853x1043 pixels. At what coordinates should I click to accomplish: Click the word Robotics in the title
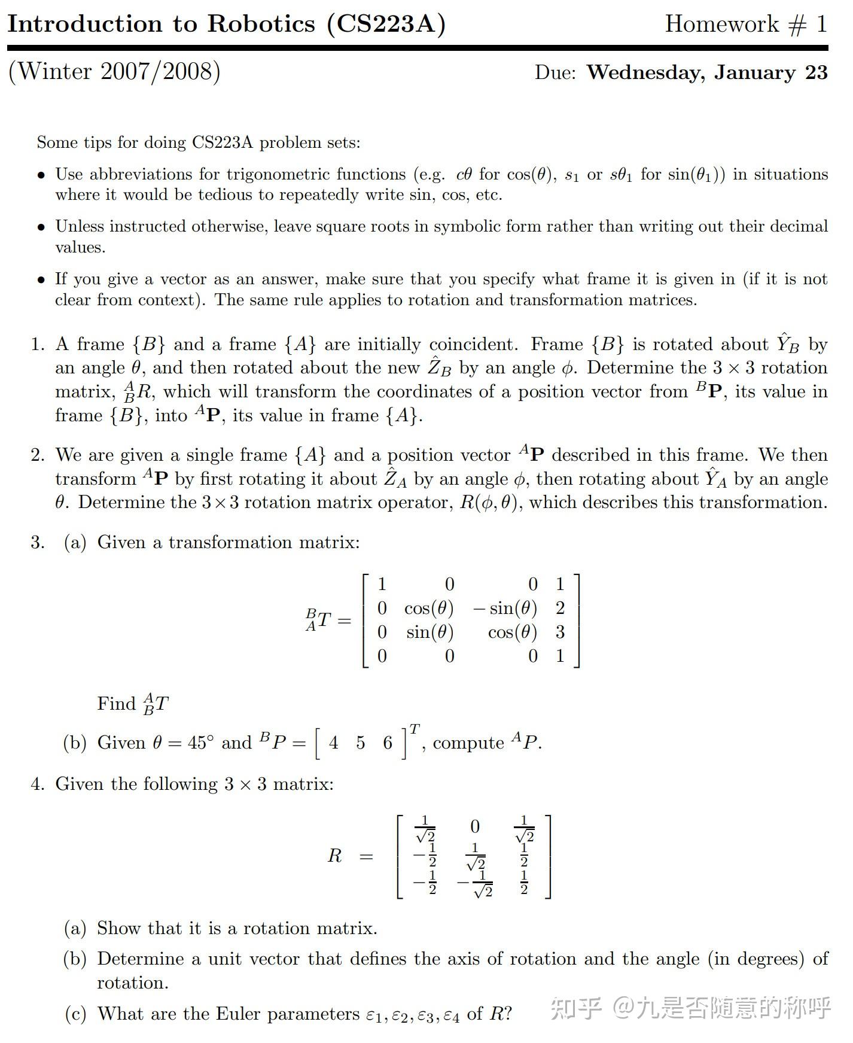261,24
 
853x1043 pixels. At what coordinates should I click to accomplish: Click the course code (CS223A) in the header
386,24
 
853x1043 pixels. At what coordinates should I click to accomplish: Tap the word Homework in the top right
721,24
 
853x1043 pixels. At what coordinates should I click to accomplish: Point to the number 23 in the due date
816,72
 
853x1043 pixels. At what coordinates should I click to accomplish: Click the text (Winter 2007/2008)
114,71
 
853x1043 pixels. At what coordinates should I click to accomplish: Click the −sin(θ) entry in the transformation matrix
505,609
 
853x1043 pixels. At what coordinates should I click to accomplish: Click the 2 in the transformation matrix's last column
560,608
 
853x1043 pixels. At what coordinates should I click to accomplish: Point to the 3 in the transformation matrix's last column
560,632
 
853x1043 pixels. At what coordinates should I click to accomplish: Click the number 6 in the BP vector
388,743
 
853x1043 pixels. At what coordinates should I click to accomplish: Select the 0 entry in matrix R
475,826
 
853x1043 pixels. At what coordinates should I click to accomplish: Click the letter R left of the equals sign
334,856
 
